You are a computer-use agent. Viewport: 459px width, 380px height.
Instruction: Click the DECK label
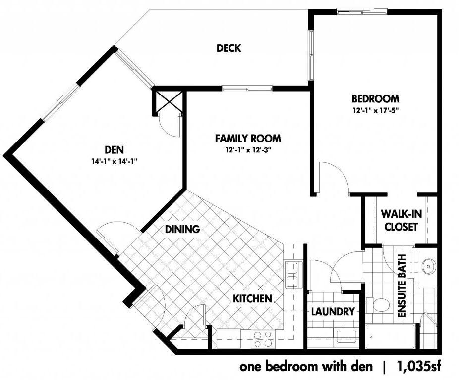(x=229, y=48)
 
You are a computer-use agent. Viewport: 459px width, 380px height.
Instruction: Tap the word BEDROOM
(x=375, y=99)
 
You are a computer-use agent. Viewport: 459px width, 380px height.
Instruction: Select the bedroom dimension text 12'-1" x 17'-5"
(x=376, y=110)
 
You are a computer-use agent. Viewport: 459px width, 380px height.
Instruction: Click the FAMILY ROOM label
(x=248, y=138)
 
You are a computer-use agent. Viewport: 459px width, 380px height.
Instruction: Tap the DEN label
(x=114, y=149)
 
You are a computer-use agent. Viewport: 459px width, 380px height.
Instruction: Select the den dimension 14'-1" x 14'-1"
(x=115, y=161)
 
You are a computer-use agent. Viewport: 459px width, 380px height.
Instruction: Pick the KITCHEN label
(x=252, y=298)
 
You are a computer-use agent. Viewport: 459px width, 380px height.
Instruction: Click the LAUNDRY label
(x=333, y=311)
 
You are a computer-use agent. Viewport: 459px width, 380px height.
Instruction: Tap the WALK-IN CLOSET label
(x=401, y=220)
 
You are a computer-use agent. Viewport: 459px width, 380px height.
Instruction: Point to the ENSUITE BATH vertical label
(x=402, y=286)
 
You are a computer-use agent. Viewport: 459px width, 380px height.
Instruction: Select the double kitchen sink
(x=293, y=275)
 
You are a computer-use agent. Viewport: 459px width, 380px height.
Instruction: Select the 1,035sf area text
(x=419, y=366)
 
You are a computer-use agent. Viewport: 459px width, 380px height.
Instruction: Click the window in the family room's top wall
(x=247, y=88)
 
